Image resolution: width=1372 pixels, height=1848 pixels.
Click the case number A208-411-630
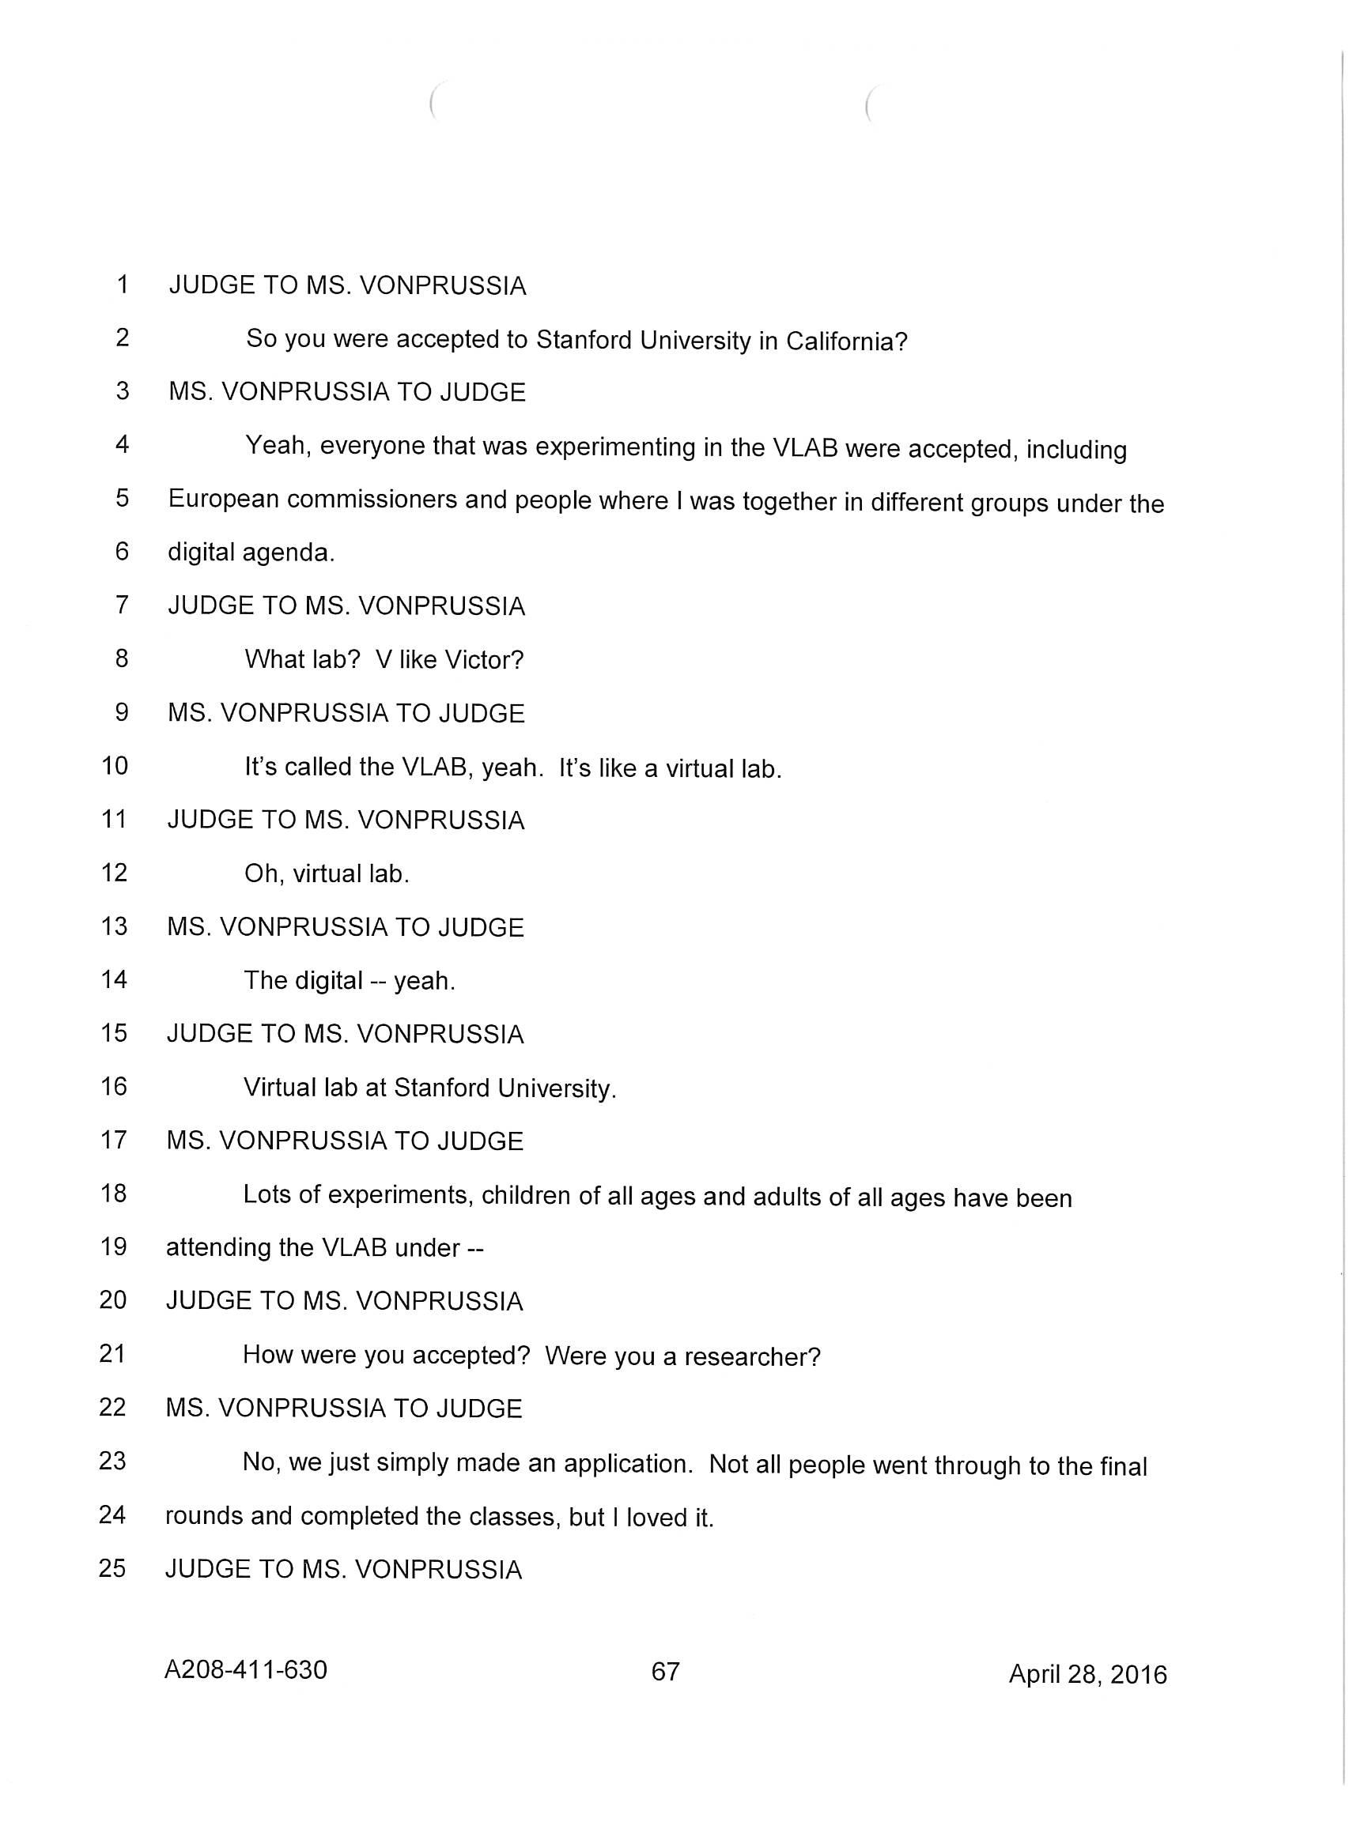246,1669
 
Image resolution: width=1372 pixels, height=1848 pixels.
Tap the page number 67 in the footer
665,1670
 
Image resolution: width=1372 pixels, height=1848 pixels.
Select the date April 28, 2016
1087,1673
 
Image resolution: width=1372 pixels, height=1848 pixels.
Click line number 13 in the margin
115,926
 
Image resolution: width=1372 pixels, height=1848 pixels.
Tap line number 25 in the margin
112,1567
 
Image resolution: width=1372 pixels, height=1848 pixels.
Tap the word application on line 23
628,1464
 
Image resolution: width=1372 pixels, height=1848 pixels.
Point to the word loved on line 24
656,1518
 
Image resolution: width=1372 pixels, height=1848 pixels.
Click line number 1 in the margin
123,285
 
